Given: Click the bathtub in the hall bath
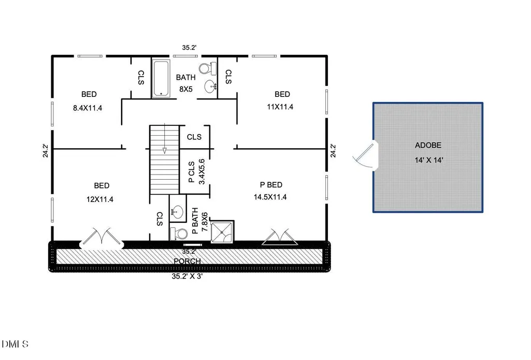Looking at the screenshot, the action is tap(161, 78).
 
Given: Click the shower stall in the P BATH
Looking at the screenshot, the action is tap(222, 232).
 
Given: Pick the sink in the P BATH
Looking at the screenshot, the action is tap(177, 212).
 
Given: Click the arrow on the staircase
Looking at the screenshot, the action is tap(165, 138).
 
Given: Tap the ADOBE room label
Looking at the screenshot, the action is tap(428, 145).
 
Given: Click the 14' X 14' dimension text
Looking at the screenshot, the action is tap(429, 160).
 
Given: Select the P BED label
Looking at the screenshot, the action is tap(271, 185).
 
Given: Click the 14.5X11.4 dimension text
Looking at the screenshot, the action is tap(270, 197).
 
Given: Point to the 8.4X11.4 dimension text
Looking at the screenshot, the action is tap(88, 108).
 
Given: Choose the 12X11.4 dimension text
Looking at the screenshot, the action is tap(100, 199).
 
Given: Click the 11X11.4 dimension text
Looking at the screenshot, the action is tap(280, 107).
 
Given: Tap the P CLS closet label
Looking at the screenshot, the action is tap(191, 172).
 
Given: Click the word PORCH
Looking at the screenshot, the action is tap(187, 261).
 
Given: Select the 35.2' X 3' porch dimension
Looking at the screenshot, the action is tap(187, 276).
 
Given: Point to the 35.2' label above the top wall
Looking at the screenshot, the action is tap(189, 48).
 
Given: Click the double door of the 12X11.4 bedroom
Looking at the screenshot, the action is tap(101, 238).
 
